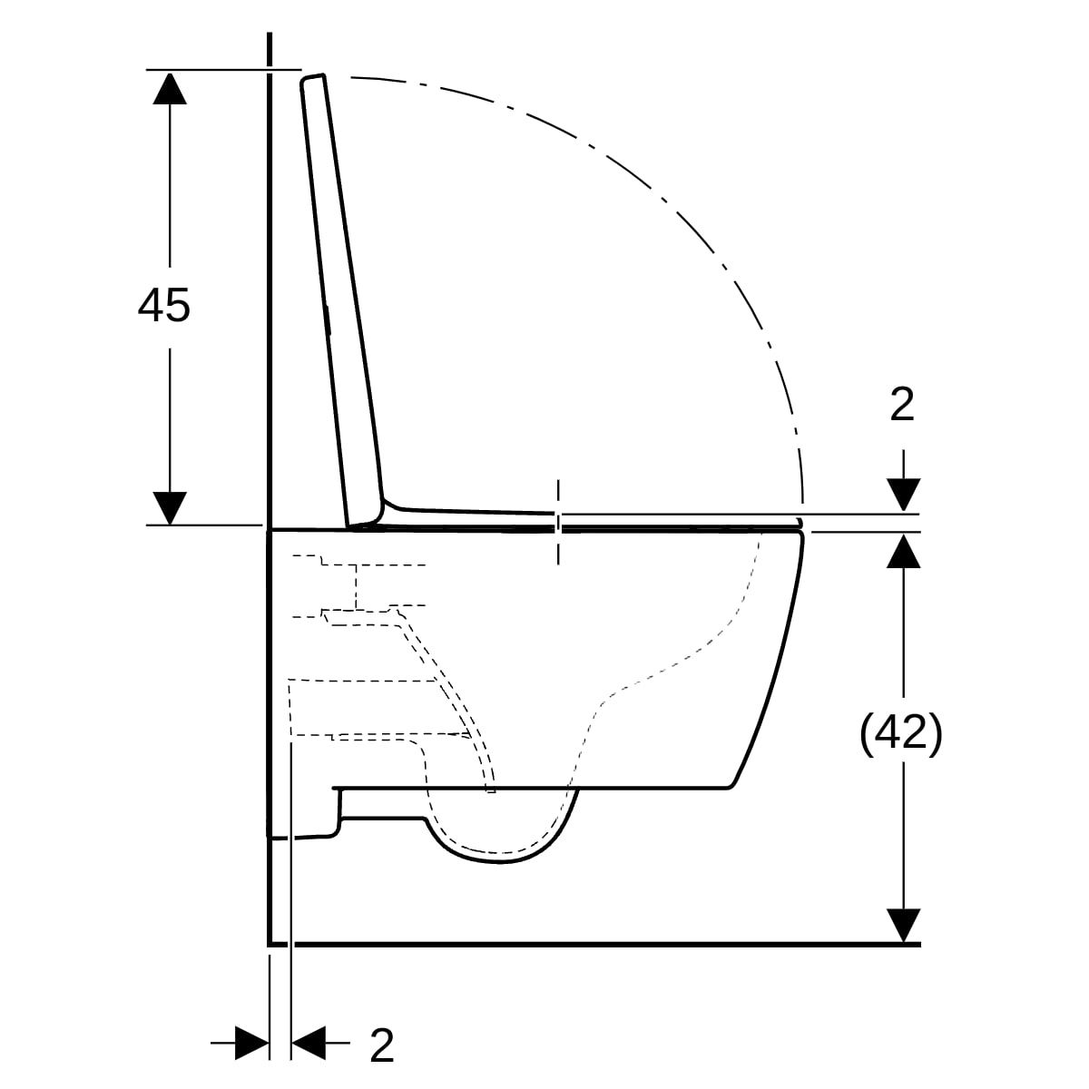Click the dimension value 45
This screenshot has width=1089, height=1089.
coord(164,306)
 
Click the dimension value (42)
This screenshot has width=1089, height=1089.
coord(900,733)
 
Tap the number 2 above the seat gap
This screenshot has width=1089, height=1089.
coord(902,405)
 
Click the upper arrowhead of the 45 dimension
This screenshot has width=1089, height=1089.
coord(170,88)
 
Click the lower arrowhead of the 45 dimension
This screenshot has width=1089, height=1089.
coord(170,508)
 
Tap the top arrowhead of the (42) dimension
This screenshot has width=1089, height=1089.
coord(903,551)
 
